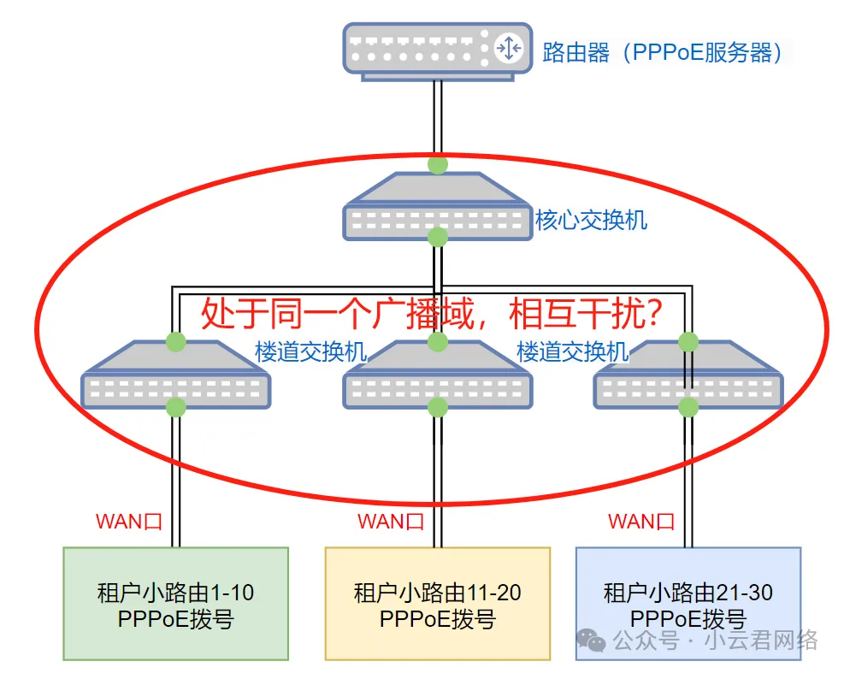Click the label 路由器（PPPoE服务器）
point(663,52)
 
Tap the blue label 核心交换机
point(591,220)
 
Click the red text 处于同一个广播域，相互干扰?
point(431,314)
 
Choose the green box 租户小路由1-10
point(176,604)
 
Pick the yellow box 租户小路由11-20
point(437,604)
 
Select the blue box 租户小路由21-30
point(688,604)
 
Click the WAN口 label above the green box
point(128,522)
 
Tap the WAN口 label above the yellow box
point(390,522)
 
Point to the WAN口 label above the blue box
point(640,521)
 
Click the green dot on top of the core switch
point(438,164)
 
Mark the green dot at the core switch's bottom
point(438,236)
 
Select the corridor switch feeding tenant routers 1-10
point(175,377)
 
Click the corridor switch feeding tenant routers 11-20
point(437,377)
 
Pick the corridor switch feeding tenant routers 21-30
point(688,377)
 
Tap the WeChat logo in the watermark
point(589,640)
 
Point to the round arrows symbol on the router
point(509,49)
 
